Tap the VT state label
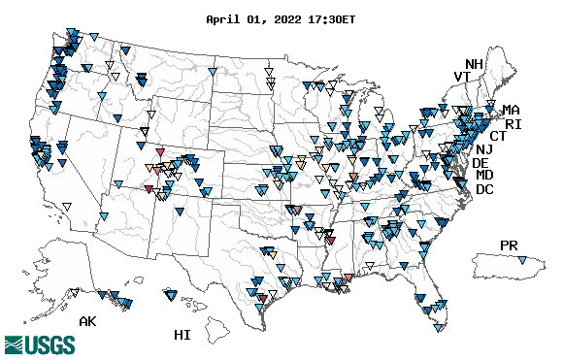pyautogui.click(x=463, y=77)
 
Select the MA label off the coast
pyautogui.click(x=511, y=110)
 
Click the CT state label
pyautogui.click(x=498, y=137)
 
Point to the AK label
pyautogui.click(x=87, y=321)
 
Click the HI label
pyautogui.click(x=182, y=335)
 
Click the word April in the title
pyautogui.click(x=225, y=18)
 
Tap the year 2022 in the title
pyautogui.click(x=288, y=18)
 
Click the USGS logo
pyautogui.click(x=40, y=344)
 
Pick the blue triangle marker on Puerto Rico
pyautogui.click(x=523, y=261)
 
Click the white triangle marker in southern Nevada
pyautogui.click(x=67, y=205)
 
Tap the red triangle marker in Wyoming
pyautogui.click(x=160, y=152)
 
